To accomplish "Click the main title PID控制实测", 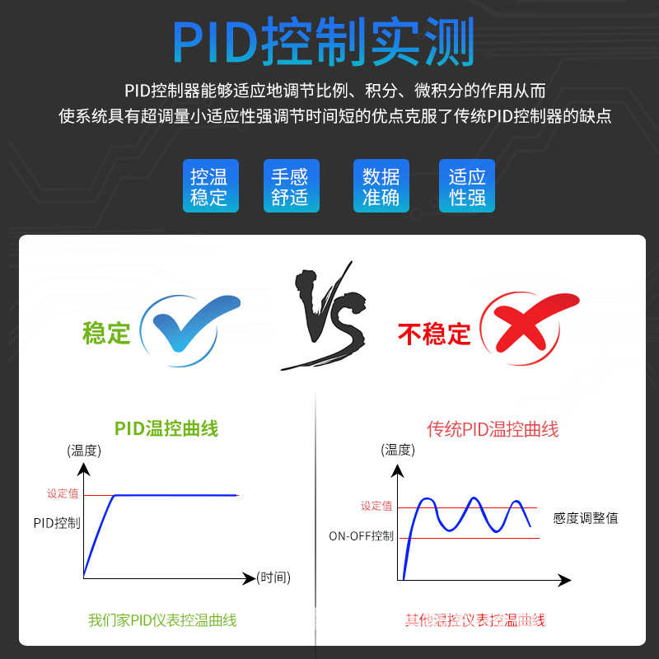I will [323, 42].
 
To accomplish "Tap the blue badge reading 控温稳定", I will [209, 186].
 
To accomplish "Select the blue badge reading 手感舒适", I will [289, 186].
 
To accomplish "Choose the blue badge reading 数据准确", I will [381, 186].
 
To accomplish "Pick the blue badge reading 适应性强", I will [467, 186].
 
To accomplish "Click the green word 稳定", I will [106, 333].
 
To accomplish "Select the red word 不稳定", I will [434, 334].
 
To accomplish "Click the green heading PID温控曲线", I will [166, 428].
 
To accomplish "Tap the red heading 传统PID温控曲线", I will [493, 429].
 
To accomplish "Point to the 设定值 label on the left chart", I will [63, 493].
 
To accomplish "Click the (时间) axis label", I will [273, 577].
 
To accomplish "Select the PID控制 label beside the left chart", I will [57, 523].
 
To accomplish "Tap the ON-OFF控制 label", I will [361, 536].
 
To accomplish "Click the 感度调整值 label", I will [585, 518].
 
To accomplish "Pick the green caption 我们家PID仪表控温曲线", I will [162, 620].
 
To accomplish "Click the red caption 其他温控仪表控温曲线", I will [475, 620].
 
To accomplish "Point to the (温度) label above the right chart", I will [398, 450].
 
